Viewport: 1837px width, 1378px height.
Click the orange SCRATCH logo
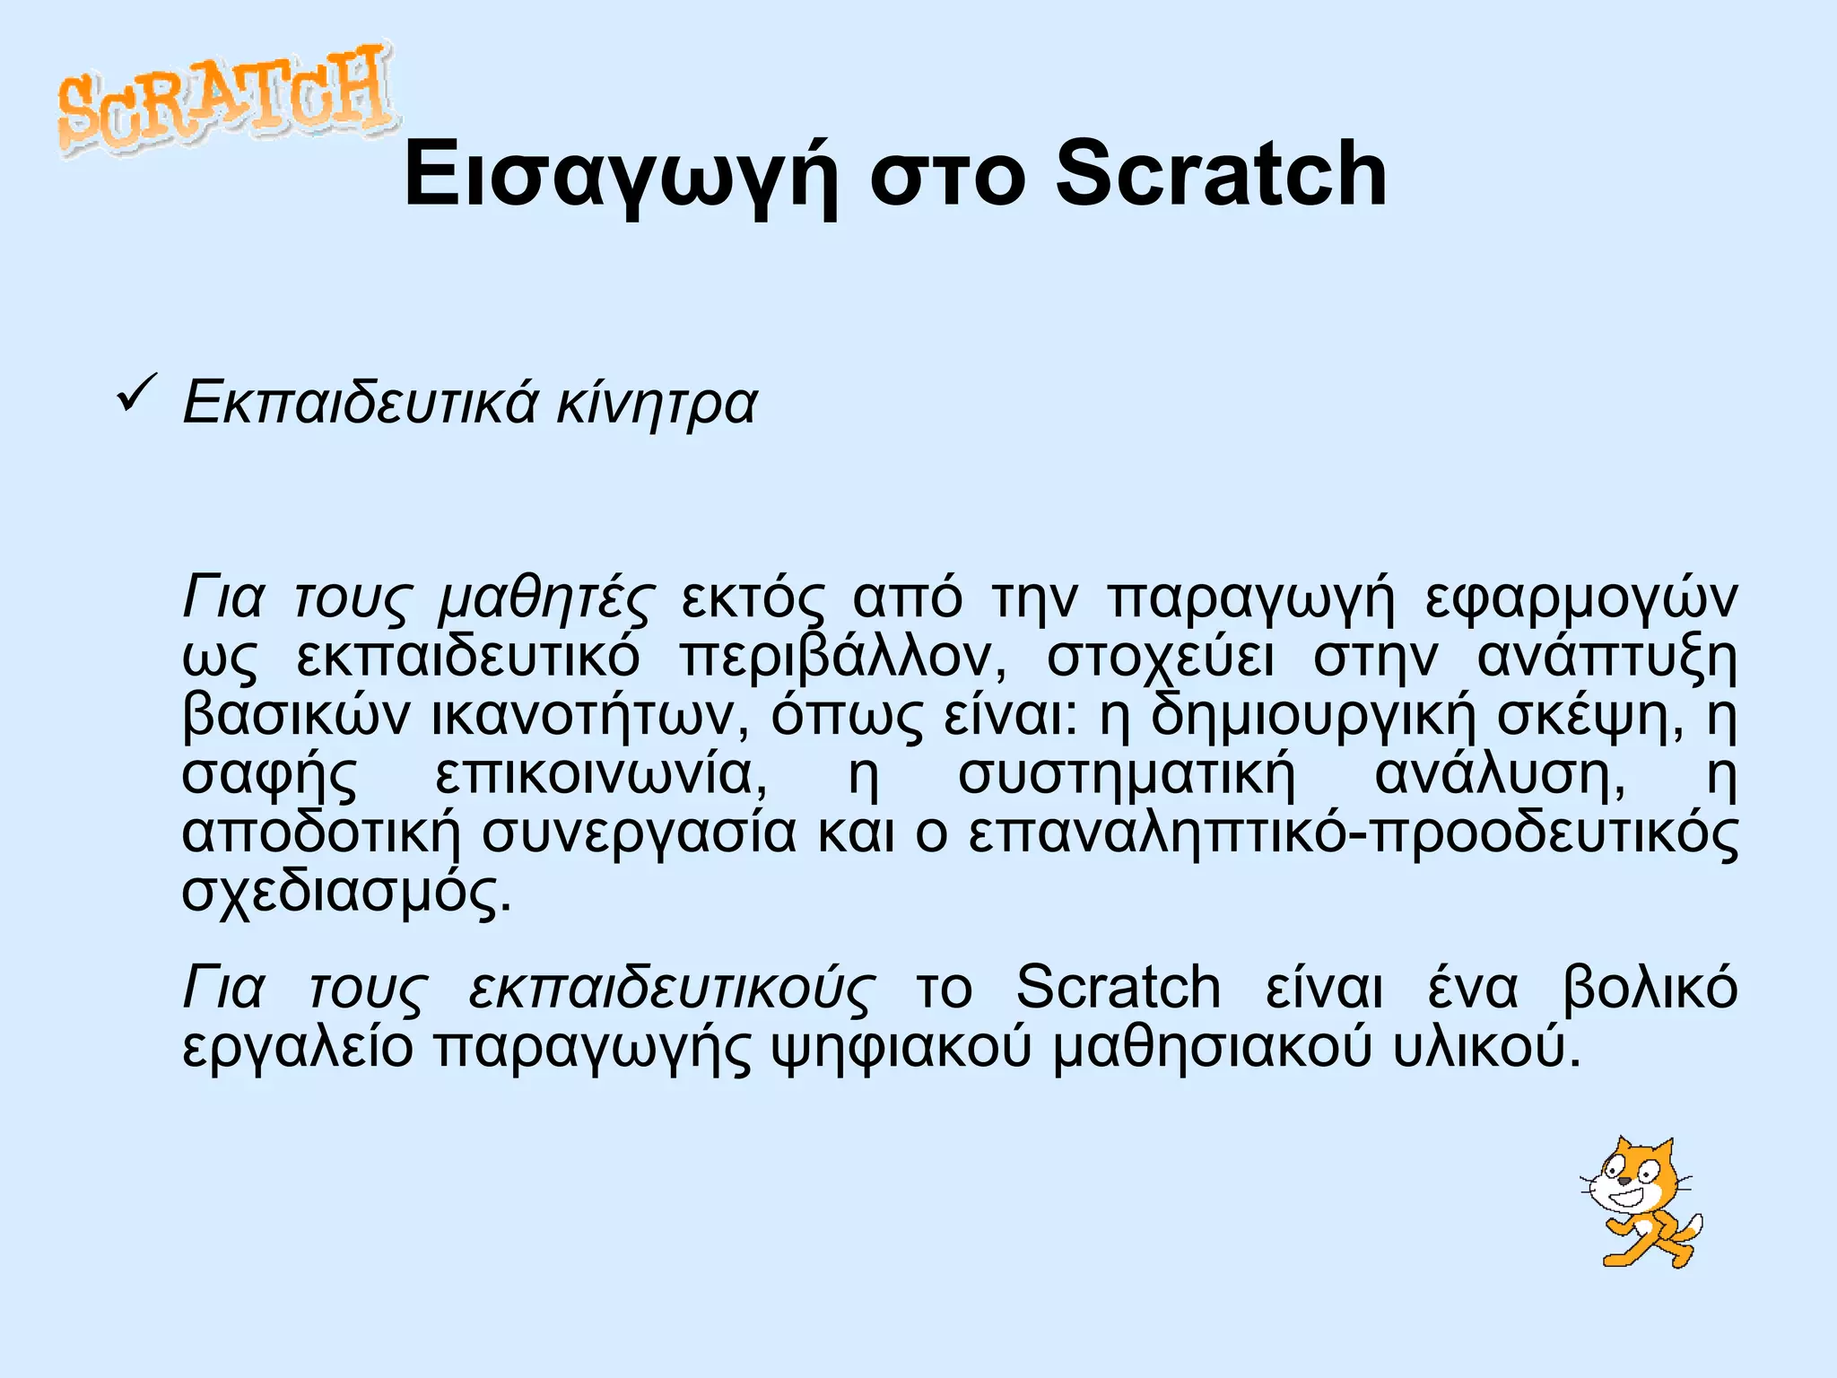pos(224,99)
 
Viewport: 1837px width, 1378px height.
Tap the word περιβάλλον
pos(843,658)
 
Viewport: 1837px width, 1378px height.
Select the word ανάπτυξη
pos(1606,659)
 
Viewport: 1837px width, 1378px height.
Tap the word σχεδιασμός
pos(346,892)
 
